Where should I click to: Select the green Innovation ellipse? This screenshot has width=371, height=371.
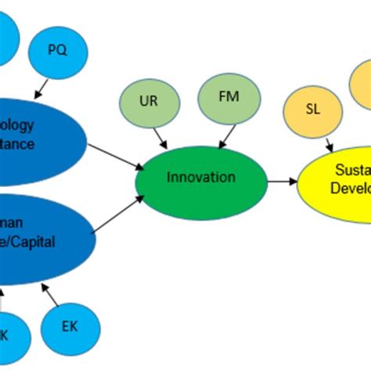[200, 178]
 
